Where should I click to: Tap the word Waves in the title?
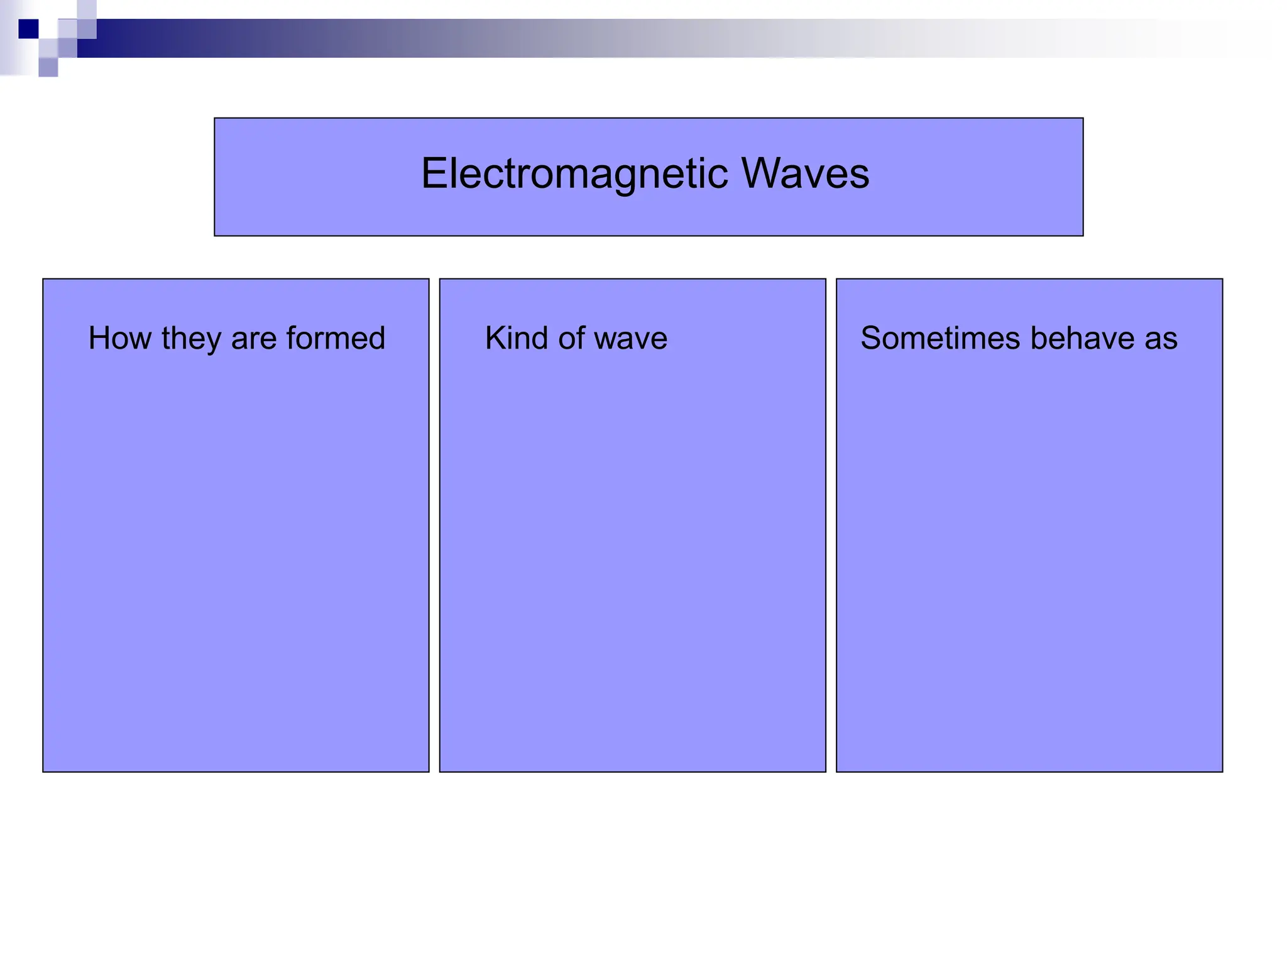coord(806,173)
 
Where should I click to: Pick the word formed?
coord(336,338)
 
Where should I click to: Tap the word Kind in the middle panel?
coord(517,338)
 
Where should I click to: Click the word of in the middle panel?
coord(572,338)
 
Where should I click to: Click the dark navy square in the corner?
coord(28,29)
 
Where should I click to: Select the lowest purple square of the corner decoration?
coord(48,67)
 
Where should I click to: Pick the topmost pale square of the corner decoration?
coord(87,9)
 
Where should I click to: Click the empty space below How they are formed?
coord(236,553)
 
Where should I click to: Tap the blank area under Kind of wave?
coord(632,553)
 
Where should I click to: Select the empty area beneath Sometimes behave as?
coord(1029,553)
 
